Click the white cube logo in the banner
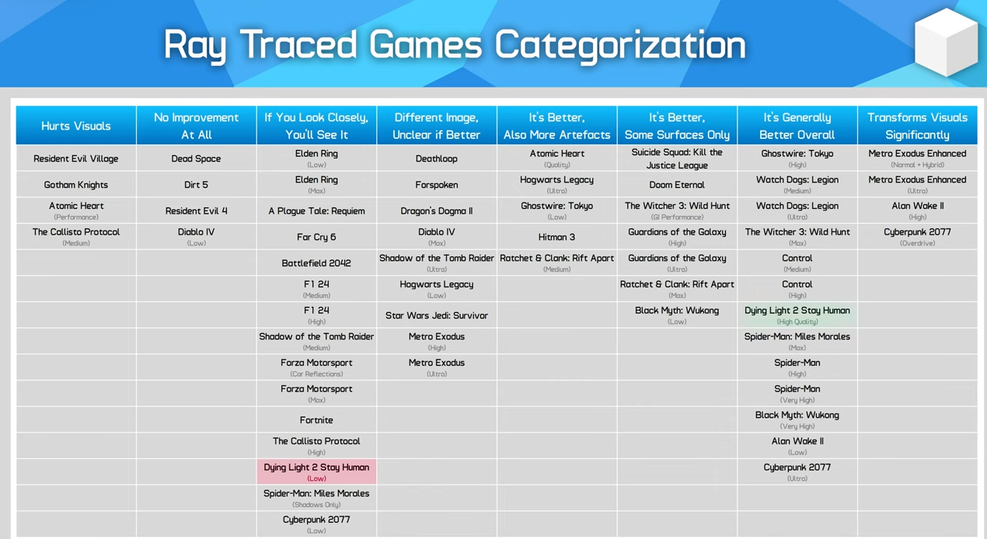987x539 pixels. coord(946,42)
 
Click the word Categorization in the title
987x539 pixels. coord(620,46)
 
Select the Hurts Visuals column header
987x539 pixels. coord(76,126)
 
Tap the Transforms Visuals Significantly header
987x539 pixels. coord(917,126)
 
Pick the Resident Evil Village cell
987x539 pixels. coord(76,158)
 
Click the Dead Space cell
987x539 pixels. coord(196,158)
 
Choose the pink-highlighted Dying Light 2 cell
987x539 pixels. coord(316,471)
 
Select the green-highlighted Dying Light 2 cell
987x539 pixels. coord(797,315)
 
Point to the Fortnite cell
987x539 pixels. coord(316,419)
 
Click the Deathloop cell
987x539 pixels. coord(436,158)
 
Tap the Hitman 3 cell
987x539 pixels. coord(556,236)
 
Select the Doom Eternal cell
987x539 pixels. coord(677,185)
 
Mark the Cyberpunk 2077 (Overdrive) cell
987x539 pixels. coord(917,236)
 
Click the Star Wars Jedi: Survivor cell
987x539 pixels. coord(436,315)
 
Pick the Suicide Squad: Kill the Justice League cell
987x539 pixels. coord(677,158)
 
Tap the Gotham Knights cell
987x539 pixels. coord(76,185)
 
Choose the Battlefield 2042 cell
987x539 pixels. coord(316,263)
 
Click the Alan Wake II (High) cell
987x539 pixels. coord(917,210)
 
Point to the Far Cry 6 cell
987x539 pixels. coord(316,236)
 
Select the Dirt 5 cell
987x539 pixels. coord(196,185)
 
